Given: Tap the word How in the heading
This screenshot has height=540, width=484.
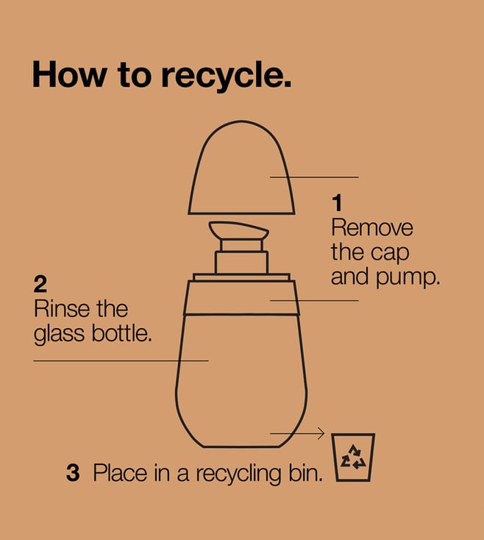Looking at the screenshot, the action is tap(70, 74).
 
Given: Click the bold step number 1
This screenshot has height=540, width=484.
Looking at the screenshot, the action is tap(338, 203).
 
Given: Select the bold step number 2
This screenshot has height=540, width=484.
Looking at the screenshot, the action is tap(40, 284).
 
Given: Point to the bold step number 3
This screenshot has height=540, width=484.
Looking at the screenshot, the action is tap(73, 472).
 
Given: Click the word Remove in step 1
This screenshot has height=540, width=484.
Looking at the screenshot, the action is tap(372, 227).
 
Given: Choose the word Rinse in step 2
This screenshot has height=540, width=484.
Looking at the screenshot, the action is tap(62, 308).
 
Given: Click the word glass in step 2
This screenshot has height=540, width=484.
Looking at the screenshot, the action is tap(59, 334).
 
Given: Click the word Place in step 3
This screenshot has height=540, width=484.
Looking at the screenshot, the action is tap(121, 472).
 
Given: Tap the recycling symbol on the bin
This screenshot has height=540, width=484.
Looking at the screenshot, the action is tap(353, 458).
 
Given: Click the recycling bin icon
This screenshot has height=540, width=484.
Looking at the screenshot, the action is tap(353, 458).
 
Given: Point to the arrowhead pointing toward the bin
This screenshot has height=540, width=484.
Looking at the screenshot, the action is tap(321, 433).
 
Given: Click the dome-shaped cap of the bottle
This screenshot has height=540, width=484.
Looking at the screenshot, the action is tap(241, 168).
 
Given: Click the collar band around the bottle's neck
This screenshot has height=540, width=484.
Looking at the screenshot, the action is tap(241, 297).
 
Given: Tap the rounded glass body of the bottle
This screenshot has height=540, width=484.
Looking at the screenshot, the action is tap(241, 381).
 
